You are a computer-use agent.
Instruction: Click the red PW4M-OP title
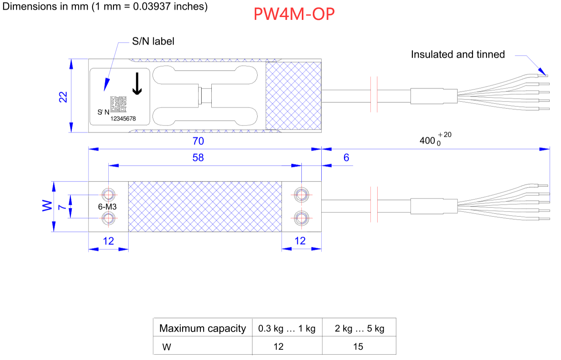click(x=294, y=14)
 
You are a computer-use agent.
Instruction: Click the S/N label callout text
click(x=153, y=41)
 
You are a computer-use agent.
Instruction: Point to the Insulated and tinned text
click(x=458, y=54)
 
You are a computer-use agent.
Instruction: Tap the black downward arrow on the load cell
click(x=137, y=84)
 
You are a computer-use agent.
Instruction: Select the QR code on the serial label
click(x=118, y=104)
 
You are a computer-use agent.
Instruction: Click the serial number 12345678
click(x=123, y=119)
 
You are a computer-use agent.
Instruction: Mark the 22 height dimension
click(x=63, y=97)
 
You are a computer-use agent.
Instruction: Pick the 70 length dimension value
click(x=198, y=141)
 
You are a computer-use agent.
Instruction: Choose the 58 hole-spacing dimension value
click(x=198, y=157)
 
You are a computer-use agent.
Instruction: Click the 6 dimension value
click(x=346, y=157)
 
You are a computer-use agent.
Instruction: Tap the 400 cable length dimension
click(x=428, y=140)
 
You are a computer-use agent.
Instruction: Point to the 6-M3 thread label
click(x=107, y=207)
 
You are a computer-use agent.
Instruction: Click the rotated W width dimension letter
click(x=47, y=206)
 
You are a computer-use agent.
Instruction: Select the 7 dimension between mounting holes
click(x=62, y=207)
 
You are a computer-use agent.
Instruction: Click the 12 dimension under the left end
click(x=108, y=241)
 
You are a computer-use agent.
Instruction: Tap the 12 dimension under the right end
click(x=300, y=241)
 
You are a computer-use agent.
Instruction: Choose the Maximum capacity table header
click(x=202, y=328)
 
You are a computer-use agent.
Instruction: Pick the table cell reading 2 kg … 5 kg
click(x=359, y=328)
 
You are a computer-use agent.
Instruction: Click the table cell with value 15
click(x=358, y=347)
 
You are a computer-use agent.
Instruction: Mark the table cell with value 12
click(x=278, y=347)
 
